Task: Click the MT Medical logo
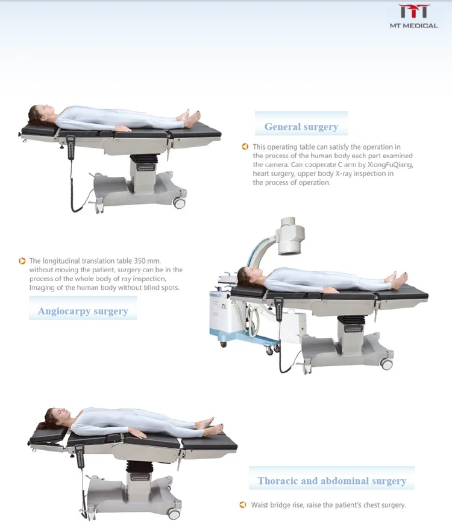pyautogui.click(x=413, y=16)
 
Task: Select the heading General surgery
pyautogui.click(x=301, y=127)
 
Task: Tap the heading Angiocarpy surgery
pyautogui.click(x=83, y=311)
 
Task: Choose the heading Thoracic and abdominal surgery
pyautogui.click(x=331, y=481)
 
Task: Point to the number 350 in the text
pyautogui.click(x=134, y=261)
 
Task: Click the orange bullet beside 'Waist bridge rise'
pyautogui.click(x=243, y=504)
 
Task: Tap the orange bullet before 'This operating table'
pyautogui.click(x=245, y=147)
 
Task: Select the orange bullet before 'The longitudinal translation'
pyautogui.click(x=22, y=261)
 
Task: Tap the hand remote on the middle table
pyautogui.click(x=278, y=308)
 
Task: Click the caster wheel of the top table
pyautogui.click(x=179, y=203)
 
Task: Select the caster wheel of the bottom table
pyautogui.click(x=174, y=514)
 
